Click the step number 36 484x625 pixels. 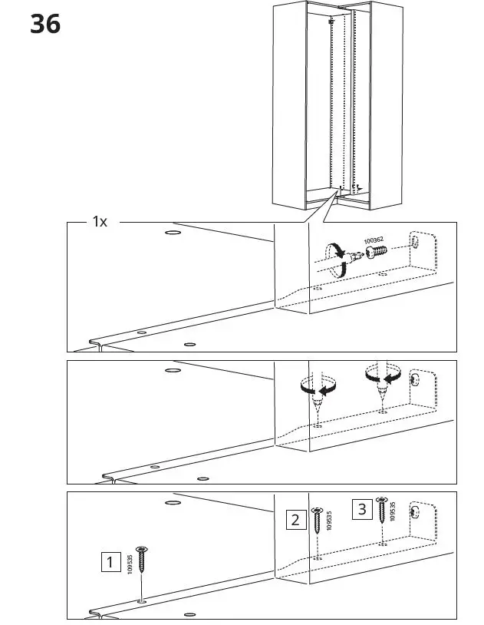tap(45, 24)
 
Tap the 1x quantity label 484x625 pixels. tap(100, 221)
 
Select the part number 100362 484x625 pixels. tap(374, 241)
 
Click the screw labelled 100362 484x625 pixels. tap(376, 254)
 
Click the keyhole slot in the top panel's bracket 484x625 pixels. tap(415, 242)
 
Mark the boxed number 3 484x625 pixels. tap(363, 508)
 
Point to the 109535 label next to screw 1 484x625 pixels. tap(130, 564)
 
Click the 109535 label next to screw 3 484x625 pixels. tap(393, 511)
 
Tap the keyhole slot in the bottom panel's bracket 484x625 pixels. tap(415, 512)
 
